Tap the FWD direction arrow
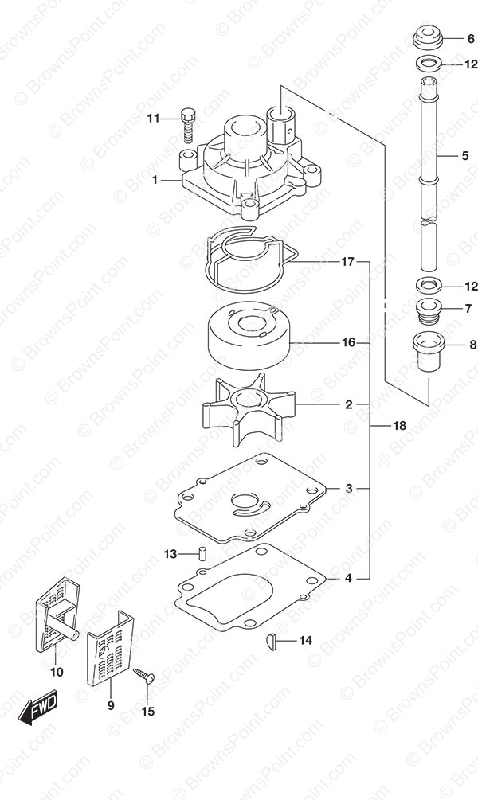pyautogui.click(x=37, y=708)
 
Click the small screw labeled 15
pyautogui.click(x=144, y=676)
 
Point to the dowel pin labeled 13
pyautogui.click(x=202, y=553)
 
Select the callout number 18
pyautogui.click(x=400, y=425)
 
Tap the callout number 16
pyautogui.click(x=349, y=342)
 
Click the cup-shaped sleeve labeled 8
pyautogui.click(x=429, y=353)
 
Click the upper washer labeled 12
pyautogui.click(x=429, y=64)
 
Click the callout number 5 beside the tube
pyautogui.click(x=464, y=155)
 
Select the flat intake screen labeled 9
pyautogui.click(x=110, y=647)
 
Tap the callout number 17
pyautogui.click(x=348, y=262)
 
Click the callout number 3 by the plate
pyautogui.click(x=349, y=488)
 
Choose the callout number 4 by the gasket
pyautogui.click(x=348, y=579)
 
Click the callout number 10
pyautogui.click(x=57, y=672)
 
